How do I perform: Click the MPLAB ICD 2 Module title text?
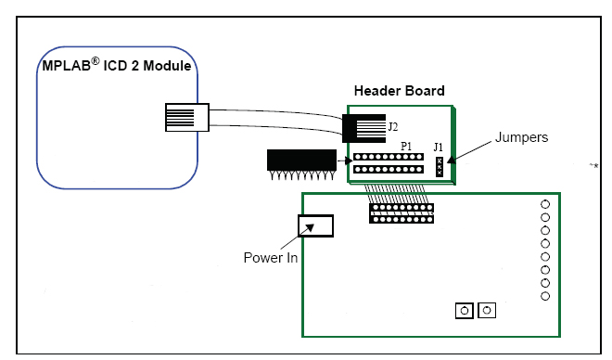point(117,65)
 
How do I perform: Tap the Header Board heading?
point(399,91)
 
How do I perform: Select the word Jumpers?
point(521,137)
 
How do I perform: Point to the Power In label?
point(271,258)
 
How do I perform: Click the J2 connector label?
point(393,127)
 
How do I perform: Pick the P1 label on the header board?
point(406,146)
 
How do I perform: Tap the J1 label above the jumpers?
point(439,148)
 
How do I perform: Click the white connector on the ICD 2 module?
point(187,117)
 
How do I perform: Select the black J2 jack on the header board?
point(363,128)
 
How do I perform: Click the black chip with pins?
point(301,164)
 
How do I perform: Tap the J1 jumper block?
point(440,167)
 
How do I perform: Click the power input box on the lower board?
point(316,225)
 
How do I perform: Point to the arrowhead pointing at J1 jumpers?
point(452,160)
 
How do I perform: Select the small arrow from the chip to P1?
point(345,161)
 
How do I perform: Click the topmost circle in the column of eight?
point(545,204)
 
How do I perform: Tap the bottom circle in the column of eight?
point(545,296)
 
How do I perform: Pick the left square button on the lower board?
point(465,311)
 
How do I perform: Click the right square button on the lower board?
point(487,311)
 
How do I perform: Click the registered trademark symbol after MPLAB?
point(96,61)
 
